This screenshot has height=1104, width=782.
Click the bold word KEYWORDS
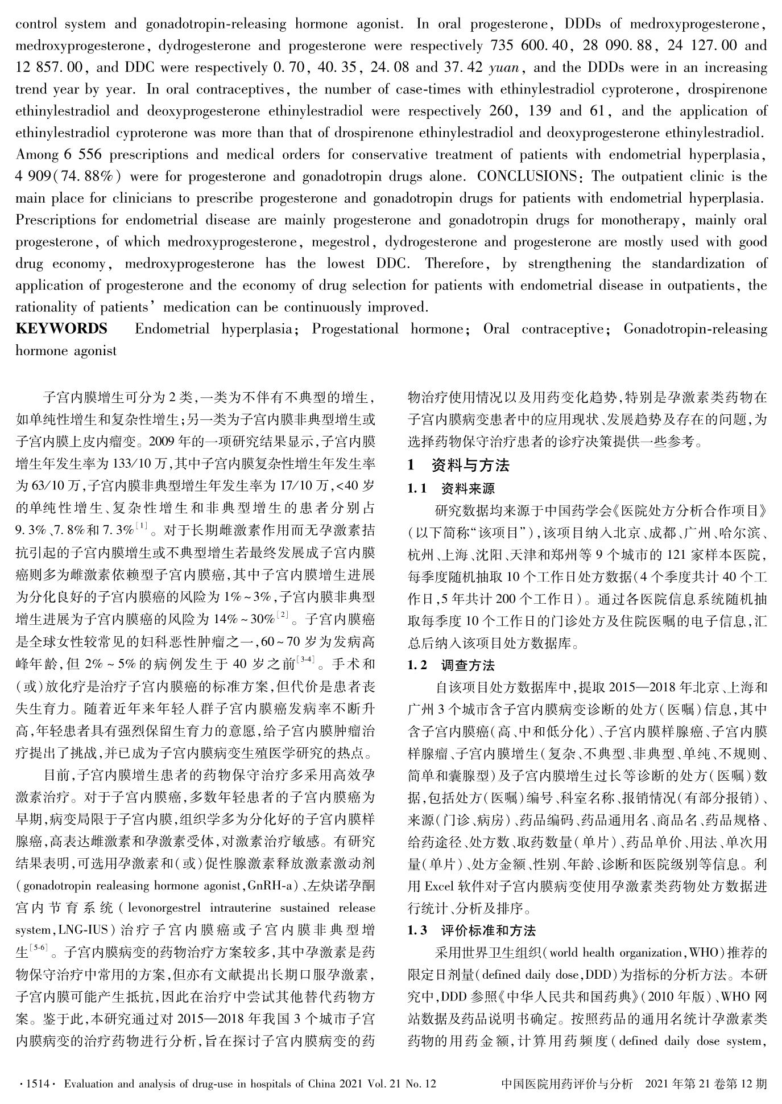(61, 329)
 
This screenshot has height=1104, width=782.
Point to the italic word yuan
(504, 68)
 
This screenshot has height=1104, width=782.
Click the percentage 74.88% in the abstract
(88, 176)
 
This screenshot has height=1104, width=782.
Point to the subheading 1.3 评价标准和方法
(471, 931)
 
